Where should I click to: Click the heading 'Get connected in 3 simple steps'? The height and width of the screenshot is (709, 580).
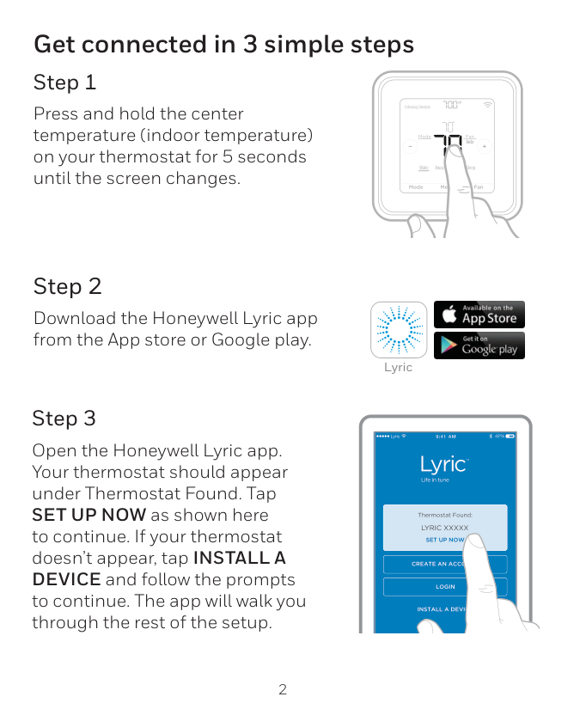(x=223, y=44)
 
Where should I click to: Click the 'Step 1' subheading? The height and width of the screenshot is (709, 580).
(x=64, y=83)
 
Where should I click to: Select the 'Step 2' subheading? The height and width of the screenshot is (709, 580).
(x=67, y=286)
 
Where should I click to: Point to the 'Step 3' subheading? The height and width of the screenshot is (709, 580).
(x=64, y=419)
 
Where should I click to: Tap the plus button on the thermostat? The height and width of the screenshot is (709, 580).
(x=485, y=146)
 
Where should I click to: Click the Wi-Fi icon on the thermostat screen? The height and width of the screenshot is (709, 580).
(x=488, y=105)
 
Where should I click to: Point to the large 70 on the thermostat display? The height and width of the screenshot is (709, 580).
(x=448, y=145)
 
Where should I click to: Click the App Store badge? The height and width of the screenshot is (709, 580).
(x=479, y=315)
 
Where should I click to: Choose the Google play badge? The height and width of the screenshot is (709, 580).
(x=479, y=345)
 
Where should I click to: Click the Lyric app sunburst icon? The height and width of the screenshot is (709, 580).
(x=398, y=330)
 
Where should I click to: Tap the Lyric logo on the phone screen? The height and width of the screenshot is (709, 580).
(x=443, y=465)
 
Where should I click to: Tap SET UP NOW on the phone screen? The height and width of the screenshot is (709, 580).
(x=445, y=540)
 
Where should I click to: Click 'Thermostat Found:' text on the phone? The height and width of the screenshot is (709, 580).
(x=445, y=515)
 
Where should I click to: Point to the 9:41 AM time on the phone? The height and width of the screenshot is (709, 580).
(x=446, y=437)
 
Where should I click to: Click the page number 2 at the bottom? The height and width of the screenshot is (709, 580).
(x=283, y=689)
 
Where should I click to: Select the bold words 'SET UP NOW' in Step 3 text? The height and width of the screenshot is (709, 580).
(x=89, y=515)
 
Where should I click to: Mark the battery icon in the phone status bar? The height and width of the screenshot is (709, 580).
(x=510, y=437)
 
